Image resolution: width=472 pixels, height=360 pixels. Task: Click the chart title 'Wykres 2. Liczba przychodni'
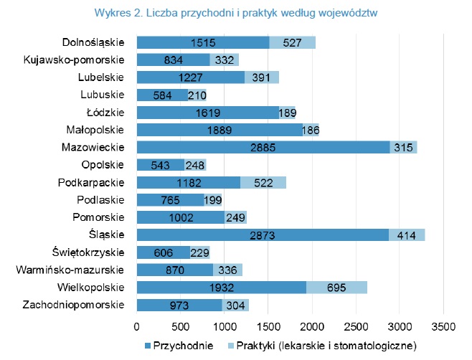pos(236,13)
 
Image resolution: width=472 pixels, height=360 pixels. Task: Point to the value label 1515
pos(203,42)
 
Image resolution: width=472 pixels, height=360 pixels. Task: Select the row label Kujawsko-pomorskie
pos(75,60)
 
